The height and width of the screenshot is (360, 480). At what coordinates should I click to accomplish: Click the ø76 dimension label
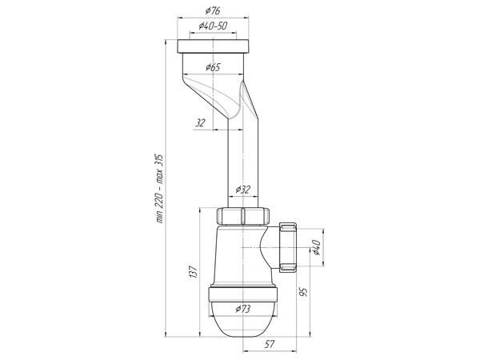coord(213,11)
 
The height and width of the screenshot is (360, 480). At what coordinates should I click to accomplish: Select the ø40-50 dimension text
coord(213,26)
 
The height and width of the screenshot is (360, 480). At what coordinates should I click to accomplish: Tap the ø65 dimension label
coord(213,67)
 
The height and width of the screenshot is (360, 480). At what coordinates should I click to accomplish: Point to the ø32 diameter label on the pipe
coord(242,190)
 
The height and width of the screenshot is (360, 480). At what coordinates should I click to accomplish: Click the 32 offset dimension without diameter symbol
coord(200,123)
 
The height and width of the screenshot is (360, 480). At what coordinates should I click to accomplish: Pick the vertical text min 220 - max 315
coord(159,188)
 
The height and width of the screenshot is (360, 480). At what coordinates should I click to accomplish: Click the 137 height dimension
coord(193,272)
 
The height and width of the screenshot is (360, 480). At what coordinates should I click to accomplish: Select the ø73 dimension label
coord(242,309)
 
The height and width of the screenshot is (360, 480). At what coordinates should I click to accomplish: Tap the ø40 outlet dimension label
coord(316,247)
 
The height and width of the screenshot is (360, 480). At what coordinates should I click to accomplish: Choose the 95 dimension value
coord(303,292)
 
